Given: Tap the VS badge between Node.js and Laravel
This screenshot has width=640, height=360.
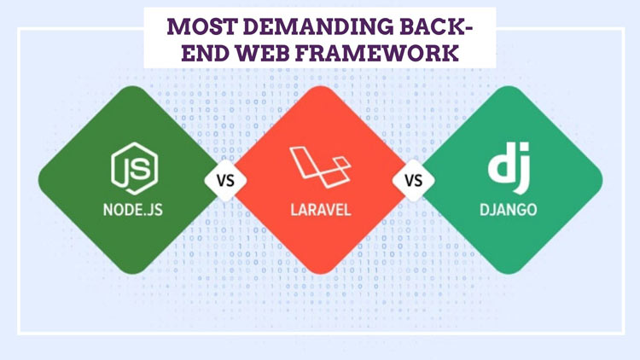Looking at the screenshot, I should (x=225, y=181).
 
